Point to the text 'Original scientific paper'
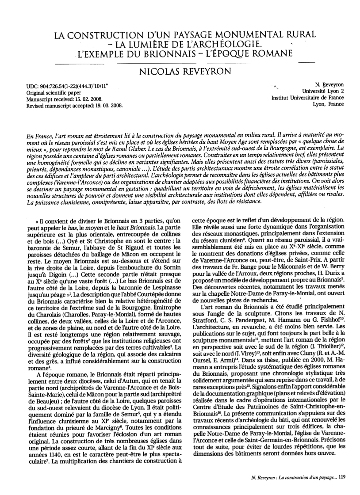54,91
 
